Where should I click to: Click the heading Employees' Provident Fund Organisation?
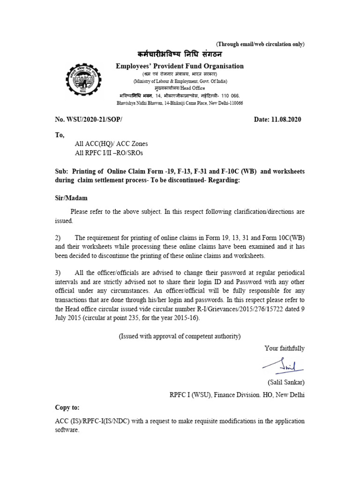(180, 66)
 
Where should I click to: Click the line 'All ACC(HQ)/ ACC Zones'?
(111, 144)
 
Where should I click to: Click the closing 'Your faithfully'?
(284, 348)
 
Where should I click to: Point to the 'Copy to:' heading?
(67, 408)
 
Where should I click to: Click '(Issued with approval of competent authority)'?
(180, 336)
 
